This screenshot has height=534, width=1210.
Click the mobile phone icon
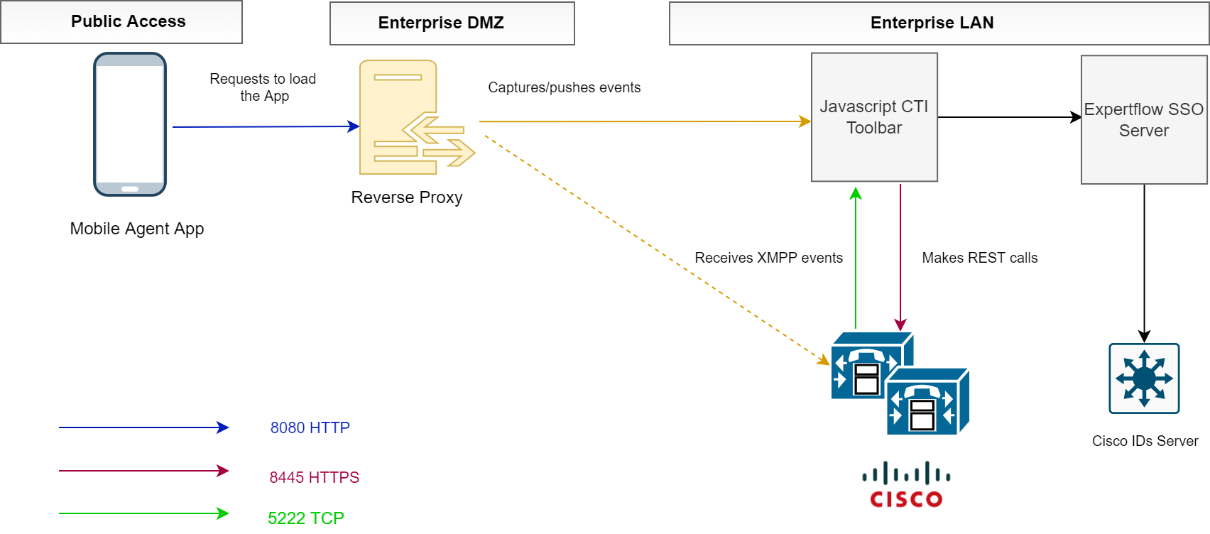tap(130, 124)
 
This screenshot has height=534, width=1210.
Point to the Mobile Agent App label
tap(137, 229)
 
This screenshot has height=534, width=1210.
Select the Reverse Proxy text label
tap(407, 197)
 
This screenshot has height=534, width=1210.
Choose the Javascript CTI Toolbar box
tap(874, 117)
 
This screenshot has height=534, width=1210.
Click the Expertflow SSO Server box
tap(1143, 120)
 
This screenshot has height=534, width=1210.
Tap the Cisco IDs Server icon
tap(1144, 378)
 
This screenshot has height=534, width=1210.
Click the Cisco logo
tap(906, 485)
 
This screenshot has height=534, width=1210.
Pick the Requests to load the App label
tap(263, 87)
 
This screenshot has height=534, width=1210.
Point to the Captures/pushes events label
tap(564, 87)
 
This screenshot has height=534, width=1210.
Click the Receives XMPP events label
tap(768, 258)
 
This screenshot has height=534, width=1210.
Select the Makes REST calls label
tap(979, 258)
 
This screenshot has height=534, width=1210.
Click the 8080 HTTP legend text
tap(310, 427)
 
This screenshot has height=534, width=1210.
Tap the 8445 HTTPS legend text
tap(314, 477)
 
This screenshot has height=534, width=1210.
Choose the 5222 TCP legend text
tap(305, 518)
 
